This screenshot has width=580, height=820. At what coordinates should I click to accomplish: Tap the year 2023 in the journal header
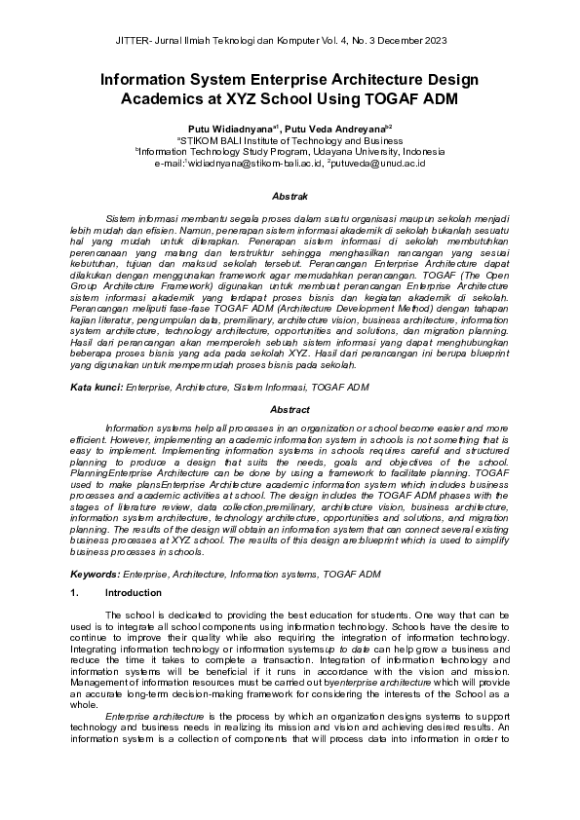pos(434,41)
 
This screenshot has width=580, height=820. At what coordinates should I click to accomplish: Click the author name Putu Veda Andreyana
pos(337,128)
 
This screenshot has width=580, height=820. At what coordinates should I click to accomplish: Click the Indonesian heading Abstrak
pos(289,196)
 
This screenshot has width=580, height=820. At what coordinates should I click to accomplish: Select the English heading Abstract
pos(289,410)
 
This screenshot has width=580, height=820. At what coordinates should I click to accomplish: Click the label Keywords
pos(97,575)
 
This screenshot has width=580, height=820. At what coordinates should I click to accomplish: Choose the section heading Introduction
pos(133,592)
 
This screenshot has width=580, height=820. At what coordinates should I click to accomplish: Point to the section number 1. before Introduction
pos(75,592)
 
